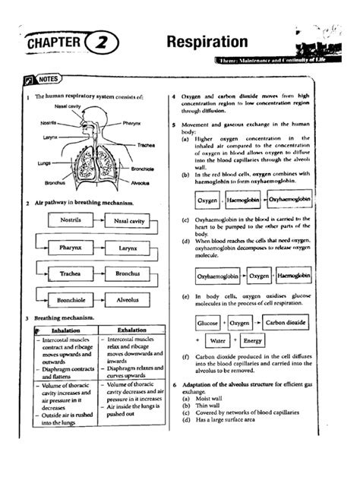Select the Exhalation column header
click(131, 331)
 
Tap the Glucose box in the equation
click(208, 322)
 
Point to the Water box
click(219, 341)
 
